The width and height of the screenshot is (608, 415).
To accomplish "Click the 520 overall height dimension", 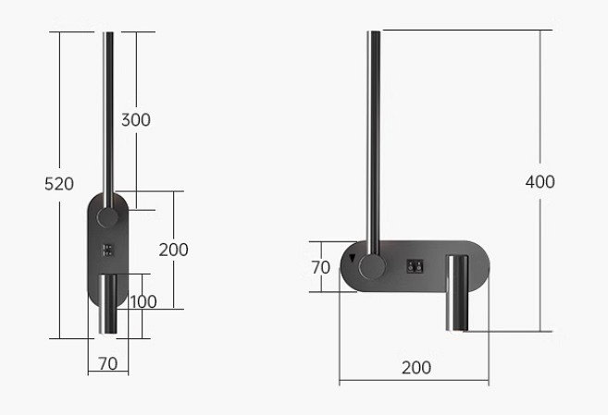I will (59, 184).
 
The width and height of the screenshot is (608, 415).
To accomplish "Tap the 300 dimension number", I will (135, 119).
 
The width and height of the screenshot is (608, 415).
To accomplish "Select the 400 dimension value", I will (540, 181).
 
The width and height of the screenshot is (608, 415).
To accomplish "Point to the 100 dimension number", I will (143, 301).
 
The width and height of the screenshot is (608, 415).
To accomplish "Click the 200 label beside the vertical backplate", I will (173, 250).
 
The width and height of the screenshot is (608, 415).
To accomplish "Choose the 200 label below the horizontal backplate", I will (416, 367).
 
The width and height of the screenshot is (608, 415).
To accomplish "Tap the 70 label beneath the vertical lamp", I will (108, 363).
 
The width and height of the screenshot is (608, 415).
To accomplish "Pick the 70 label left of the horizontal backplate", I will (320, 267).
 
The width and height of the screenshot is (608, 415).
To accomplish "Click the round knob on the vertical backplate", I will (109, 218).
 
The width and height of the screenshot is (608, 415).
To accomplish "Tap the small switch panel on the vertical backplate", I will (109, 250).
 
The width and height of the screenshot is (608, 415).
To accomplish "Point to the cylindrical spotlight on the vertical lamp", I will (109, 305).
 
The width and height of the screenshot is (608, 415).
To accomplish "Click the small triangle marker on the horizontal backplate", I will (352, 258).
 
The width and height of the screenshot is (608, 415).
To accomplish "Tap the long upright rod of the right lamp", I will (374, 139).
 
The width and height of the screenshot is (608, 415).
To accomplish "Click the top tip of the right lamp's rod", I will (374, 33).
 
